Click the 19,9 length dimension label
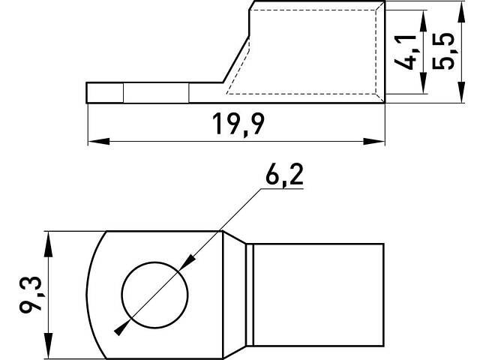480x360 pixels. coord(238,124)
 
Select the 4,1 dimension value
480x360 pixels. coord(406,52)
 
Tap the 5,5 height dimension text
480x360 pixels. coord(443,52)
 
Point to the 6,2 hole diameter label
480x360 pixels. coord(284,175)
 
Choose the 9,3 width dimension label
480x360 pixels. coord(31,295)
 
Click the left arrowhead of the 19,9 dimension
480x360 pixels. coord(99,142)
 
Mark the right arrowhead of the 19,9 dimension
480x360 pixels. coord(373,142)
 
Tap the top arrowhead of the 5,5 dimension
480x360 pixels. coord(462,12)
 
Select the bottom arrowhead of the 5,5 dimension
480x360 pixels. coord(462,92)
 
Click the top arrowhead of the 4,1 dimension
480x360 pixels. coord(423,21)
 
